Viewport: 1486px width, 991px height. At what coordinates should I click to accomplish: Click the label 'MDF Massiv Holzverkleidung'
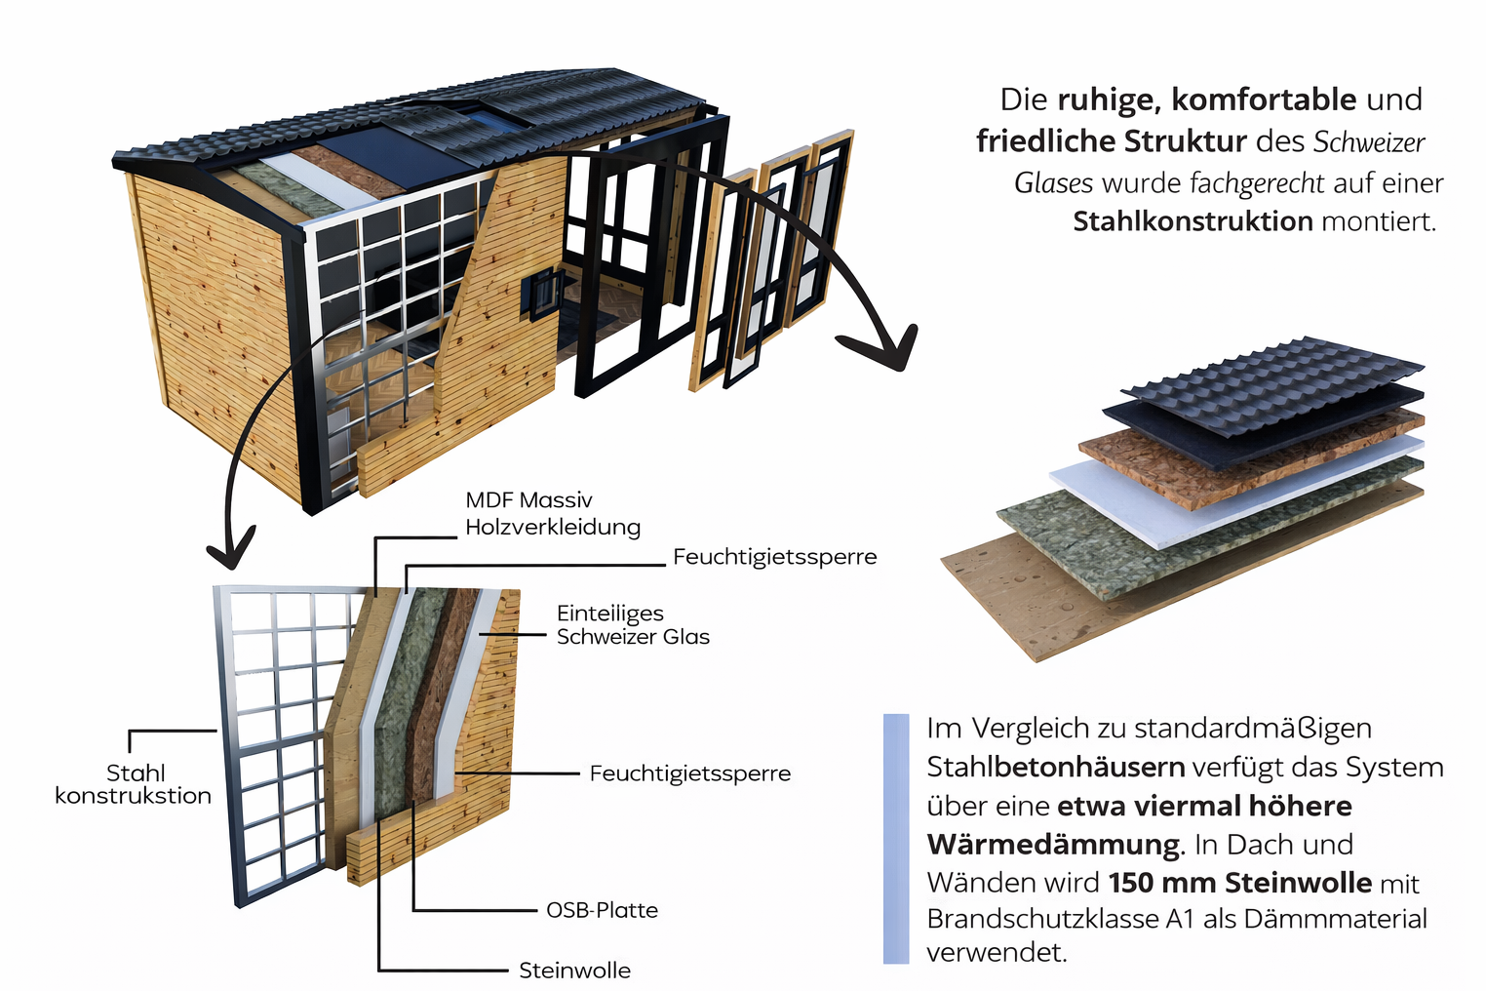[x=552, y=514]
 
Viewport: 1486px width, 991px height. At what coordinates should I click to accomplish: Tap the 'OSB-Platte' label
[x=602, y=910]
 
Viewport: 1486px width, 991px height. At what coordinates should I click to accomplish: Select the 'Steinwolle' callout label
[x=574, y=971]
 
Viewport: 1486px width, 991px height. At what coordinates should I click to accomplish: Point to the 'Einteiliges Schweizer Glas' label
[x=633, y=625]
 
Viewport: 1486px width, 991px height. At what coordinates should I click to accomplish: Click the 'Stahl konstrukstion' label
[x=134, y=784]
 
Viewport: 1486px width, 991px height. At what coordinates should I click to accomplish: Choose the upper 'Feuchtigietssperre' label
[x=774, y=557]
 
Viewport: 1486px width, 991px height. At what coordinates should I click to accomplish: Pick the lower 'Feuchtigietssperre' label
[x=689, y=773]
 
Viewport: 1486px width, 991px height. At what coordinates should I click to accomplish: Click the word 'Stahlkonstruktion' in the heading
[x=1193, y=221]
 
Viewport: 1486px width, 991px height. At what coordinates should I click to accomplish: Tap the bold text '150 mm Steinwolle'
[x=1239, y=883]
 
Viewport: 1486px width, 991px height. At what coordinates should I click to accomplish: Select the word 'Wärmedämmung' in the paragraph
[x=1053, y=844]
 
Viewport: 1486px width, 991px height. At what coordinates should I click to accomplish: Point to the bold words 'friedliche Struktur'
[x=1112, y=141]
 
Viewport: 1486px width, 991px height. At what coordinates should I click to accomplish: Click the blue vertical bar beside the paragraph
[x=895, y=839]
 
